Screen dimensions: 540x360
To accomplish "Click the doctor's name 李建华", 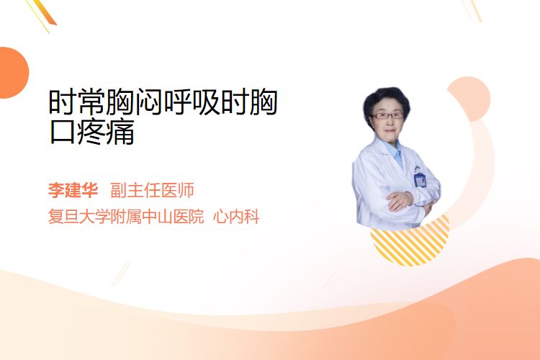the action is tap(73, 190).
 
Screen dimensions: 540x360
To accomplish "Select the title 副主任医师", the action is tap(152, 190).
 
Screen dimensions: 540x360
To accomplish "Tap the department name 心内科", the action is tap(236, 217).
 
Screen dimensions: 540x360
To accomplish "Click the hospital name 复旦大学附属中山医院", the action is tap(126, 217).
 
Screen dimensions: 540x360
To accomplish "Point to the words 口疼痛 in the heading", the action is tap(91, 132).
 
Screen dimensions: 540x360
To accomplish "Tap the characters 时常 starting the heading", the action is tap(76, 102).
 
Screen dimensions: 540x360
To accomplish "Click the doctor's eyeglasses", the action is tap(387, 116).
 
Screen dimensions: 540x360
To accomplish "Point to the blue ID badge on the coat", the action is tap(420, 179).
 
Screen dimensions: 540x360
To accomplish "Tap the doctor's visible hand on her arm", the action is tap(400, 201).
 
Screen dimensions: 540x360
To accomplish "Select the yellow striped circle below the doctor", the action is tap(410, 243).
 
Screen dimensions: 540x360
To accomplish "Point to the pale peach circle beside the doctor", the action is tap(469, 99).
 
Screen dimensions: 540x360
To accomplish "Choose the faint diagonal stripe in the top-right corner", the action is tap(474, 10).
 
